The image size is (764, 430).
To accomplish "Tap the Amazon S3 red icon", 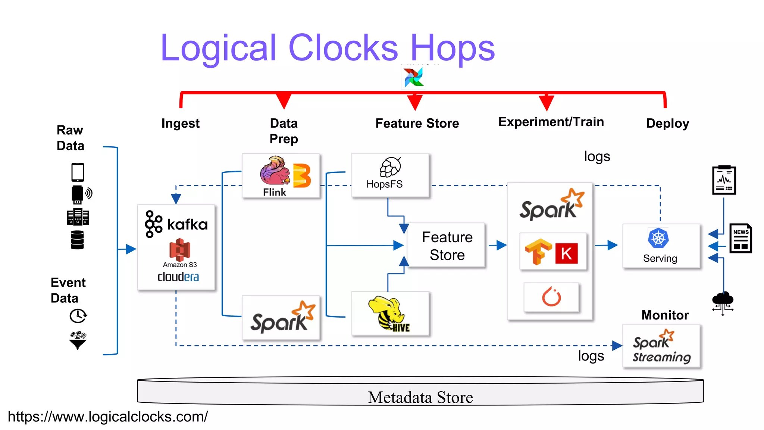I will coord(179,250).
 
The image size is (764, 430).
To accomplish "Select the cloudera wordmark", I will coord(178,277).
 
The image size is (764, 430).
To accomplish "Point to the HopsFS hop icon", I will coord(390,167).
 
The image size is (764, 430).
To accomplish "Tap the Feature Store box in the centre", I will coord(447,246).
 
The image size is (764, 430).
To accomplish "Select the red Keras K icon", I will coord(566,253).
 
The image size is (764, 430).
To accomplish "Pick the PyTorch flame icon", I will coord(551,297).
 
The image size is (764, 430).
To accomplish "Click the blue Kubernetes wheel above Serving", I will coord(658,238).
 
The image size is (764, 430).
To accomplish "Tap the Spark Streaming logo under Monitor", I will coord(661,346).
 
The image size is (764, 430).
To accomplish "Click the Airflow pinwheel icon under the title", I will coord(413,77).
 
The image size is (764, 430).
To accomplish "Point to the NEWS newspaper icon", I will coord(740,239).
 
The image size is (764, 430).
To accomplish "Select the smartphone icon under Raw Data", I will coord(78,172).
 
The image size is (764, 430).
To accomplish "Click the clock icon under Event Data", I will coord(78,316).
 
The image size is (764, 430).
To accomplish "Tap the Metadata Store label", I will coord(420,397).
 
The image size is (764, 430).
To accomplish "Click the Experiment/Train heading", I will coord(551,122).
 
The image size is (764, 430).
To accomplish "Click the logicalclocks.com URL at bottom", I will coord(108,417).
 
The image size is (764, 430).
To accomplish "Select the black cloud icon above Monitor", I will coord(723,300).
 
